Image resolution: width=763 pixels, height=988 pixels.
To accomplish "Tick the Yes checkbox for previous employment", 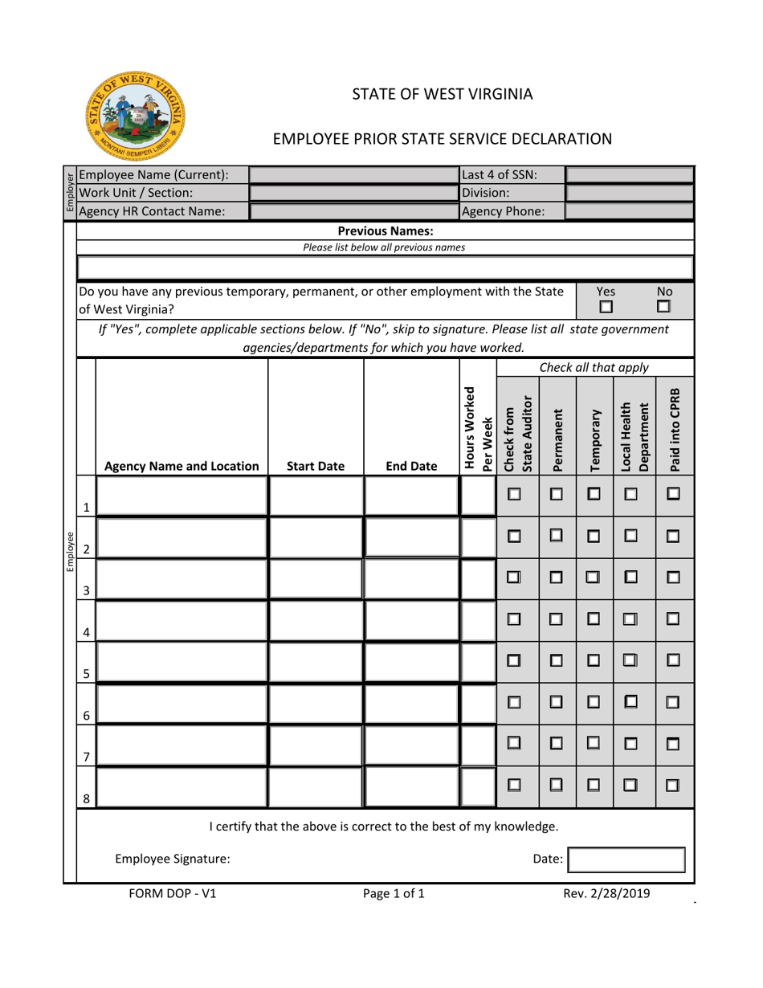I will click(606, 307).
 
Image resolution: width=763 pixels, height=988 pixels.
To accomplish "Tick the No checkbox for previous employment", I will click(663, 307).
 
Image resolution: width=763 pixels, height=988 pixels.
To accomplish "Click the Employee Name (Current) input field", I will click(354, 175).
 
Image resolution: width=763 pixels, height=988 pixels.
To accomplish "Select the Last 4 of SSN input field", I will click(630, 175).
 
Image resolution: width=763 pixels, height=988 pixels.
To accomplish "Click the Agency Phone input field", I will click(630, 211).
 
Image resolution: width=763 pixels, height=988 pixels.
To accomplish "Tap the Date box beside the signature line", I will click(626, 859).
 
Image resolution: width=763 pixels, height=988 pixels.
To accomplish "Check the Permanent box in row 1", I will click(556, 493).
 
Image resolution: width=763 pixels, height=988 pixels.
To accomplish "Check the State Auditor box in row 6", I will click(515, 701).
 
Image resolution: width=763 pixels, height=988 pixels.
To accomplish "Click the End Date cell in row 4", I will click(410, 619).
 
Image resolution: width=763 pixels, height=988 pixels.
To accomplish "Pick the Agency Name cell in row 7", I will click(182, 744).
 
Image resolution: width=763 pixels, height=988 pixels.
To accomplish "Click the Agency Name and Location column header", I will click(182, 465).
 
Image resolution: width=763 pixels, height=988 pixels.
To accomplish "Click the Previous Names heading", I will click(384, 231).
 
